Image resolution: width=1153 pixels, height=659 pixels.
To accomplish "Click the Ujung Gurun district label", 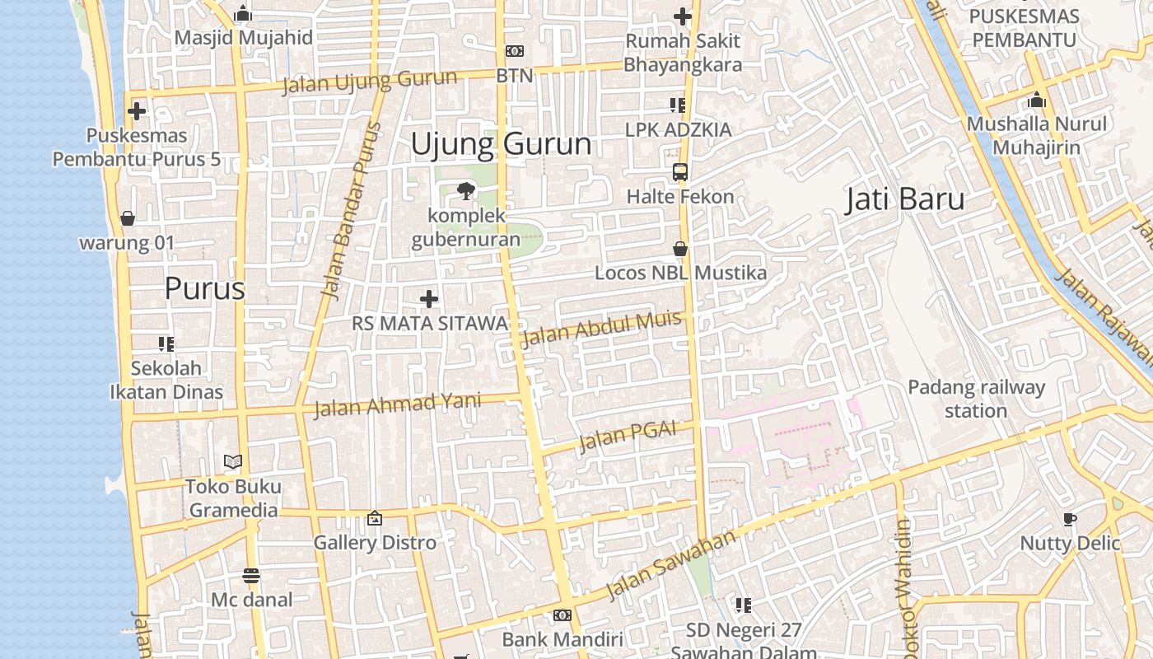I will coord(501,144).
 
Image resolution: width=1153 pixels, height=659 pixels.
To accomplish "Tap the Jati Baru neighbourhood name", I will coord(904,199).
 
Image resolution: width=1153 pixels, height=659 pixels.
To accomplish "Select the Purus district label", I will coord(205,288).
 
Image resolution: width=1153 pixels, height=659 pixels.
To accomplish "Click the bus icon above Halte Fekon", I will coord(680,172).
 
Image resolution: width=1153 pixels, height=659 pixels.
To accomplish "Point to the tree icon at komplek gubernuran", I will coord(466,191).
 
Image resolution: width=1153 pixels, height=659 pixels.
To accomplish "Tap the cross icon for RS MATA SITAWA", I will coord(429,299).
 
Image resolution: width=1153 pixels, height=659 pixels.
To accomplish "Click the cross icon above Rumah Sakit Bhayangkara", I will coord(683,16).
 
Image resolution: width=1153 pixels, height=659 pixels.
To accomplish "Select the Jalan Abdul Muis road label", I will coord(601,329).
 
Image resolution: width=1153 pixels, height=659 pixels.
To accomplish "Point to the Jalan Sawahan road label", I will coord(670,565).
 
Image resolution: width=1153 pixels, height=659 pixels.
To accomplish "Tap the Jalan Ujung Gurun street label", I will coord(369,82).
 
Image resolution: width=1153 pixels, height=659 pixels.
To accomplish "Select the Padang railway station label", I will coord(976,399).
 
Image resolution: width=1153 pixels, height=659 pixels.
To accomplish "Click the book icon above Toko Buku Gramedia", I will coord(234,462).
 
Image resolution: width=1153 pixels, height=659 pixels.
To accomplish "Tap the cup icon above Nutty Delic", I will coord(1070,519).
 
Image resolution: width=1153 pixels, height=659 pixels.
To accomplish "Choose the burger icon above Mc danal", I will coord(252,575).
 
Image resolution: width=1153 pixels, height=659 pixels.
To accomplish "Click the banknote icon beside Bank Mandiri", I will coord(562,615).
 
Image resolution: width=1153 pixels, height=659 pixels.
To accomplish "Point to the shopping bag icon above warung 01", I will coord(128,218).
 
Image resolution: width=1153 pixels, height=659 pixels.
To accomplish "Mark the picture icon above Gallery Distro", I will coord(375,518).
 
